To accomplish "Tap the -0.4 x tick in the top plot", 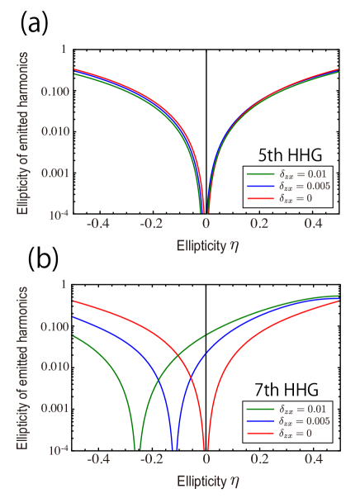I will click(x=97, y=224).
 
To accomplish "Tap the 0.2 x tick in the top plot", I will click(x=259, y=224).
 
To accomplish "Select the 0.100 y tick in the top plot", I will click(x=53, y=91).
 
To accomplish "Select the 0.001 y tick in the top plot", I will click(x=53, y=173).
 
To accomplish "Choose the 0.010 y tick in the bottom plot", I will click(x=53, y=367).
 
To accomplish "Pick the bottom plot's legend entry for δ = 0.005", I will click(x=289, y=421).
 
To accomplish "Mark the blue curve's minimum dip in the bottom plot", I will click(x=174, y=448).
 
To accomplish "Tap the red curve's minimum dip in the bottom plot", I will click(x=206, y=448).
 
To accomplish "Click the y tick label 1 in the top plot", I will click(x=64, y=50).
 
